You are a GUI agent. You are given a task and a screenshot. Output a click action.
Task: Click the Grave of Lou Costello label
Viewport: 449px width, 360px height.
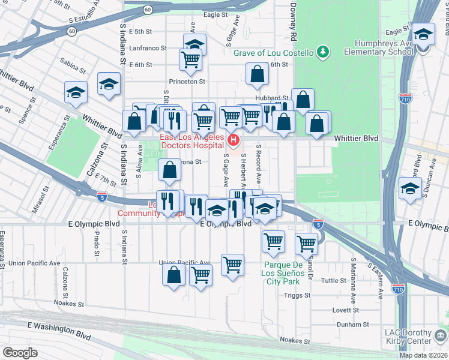pos(273,53)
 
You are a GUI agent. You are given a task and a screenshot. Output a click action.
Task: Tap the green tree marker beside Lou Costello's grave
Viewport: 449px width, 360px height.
pos(323,52)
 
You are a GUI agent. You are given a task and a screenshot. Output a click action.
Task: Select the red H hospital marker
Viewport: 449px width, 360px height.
pos(234,141)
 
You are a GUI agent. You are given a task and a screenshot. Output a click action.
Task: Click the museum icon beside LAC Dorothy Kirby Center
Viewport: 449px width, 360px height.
pos(441,334)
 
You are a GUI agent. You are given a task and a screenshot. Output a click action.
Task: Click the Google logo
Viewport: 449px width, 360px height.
pos(20,353)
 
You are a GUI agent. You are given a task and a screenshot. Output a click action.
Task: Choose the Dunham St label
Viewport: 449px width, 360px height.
pos(348,325)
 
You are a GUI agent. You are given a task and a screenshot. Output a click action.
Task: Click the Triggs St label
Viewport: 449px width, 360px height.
pos(298,295)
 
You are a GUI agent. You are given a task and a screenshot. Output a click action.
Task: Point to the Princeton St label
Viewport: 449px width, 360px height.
pos(190,81)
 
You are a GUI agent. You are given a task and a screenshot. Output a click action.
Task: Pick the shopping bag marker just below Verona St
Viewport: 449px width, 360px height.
pos(170,171)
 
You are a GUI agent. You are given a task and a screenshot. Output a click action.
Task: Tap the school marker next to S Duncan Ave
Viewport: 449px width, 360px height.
pos(410,191)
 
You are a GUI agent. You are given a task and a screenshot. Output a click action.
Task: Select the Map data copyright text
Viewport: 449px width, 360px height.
pos(423,355)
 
